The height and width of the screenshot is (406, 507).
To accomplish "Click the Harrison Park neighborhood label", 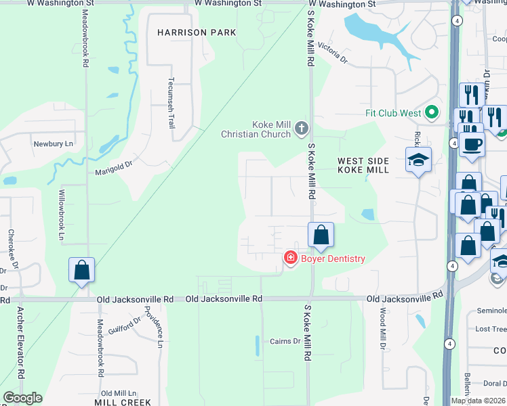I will tap(197, 32).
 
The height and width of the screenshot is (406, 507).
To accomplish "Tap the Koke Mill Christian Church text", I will tap(256, 129).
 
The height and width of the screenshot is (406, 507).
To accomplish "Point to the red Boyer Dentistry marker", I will tap(290, 258).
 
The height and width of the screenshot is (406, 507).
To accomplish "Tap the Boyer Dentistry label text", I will tap(333, 258).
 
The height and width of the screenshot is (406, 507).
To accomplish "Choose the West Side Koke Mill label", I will tap(363, 165).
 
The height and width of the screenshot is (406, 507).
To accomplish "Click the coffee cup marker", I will tap(471, 143).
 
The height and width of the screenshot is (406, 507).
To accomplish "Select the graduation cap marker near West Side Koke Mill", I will tap(418, 160).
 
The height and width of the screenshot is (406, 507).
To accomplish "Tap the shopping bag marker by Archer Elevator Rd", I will tap(81, 270).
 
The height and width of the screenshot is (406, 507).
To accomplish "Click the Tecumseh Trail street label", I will tap(171, 102).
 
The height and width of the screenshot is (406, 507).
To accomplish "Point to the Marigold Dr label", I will tap(113, 162).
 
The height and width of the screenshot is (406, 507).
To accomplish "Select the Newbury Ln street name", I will tap(53, 144).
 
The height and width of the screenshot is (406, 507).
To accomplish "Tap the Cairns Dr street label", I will tap(285, 341).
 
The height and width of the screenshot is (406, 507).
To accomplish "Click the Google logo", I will tap(22, 398).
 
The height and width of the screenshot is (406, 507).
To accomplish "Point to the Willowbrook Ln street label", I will tap(60, 215).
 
